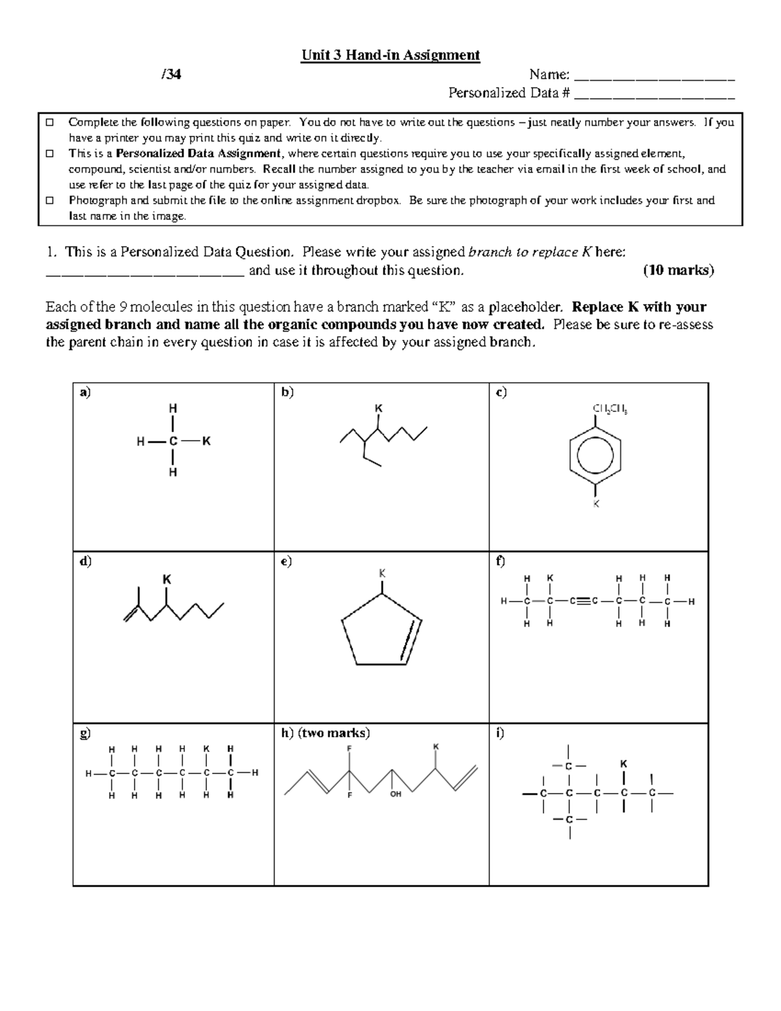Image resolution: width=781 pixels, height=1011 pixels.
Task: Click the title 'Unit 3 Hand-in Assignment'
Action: point(390,55)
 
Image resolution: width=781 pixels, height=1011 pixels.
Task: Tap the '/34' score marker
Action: point(171,74)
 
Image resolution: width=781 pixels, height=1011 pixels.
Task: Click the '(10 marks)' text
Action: point(678,270)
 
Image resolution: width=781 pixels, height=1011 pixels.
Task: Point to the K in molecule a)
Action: point(206,441)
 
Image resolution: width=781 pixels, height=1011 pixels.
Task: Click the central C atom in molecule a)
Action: point(173,441)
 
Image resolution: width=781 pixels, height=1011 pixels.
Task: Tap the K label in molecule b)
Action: point(378,408)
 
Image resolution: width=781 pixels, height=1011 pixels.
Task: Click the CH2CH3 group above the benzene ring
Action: point(609,409)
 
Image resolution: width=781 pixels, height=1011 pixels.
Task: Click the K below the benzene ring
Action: point(595,504)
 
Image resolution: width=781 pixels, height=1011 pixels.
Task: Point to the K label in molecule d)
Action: point(167,579)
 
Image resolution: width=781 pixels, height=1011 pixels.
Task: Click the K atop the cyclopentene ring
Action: point(383,573)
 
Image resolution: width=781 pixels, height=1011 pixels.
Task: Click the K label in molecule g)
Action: point(206,749)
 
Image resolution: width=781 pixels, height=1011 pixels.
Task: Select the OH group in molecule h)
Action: point(396,794)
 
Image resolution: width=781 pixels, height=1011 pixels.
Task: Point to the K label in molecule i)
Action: point(623,764)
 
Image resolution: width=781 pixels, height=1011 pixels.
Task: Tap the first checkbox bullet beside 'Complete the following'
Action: point(49,122)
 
